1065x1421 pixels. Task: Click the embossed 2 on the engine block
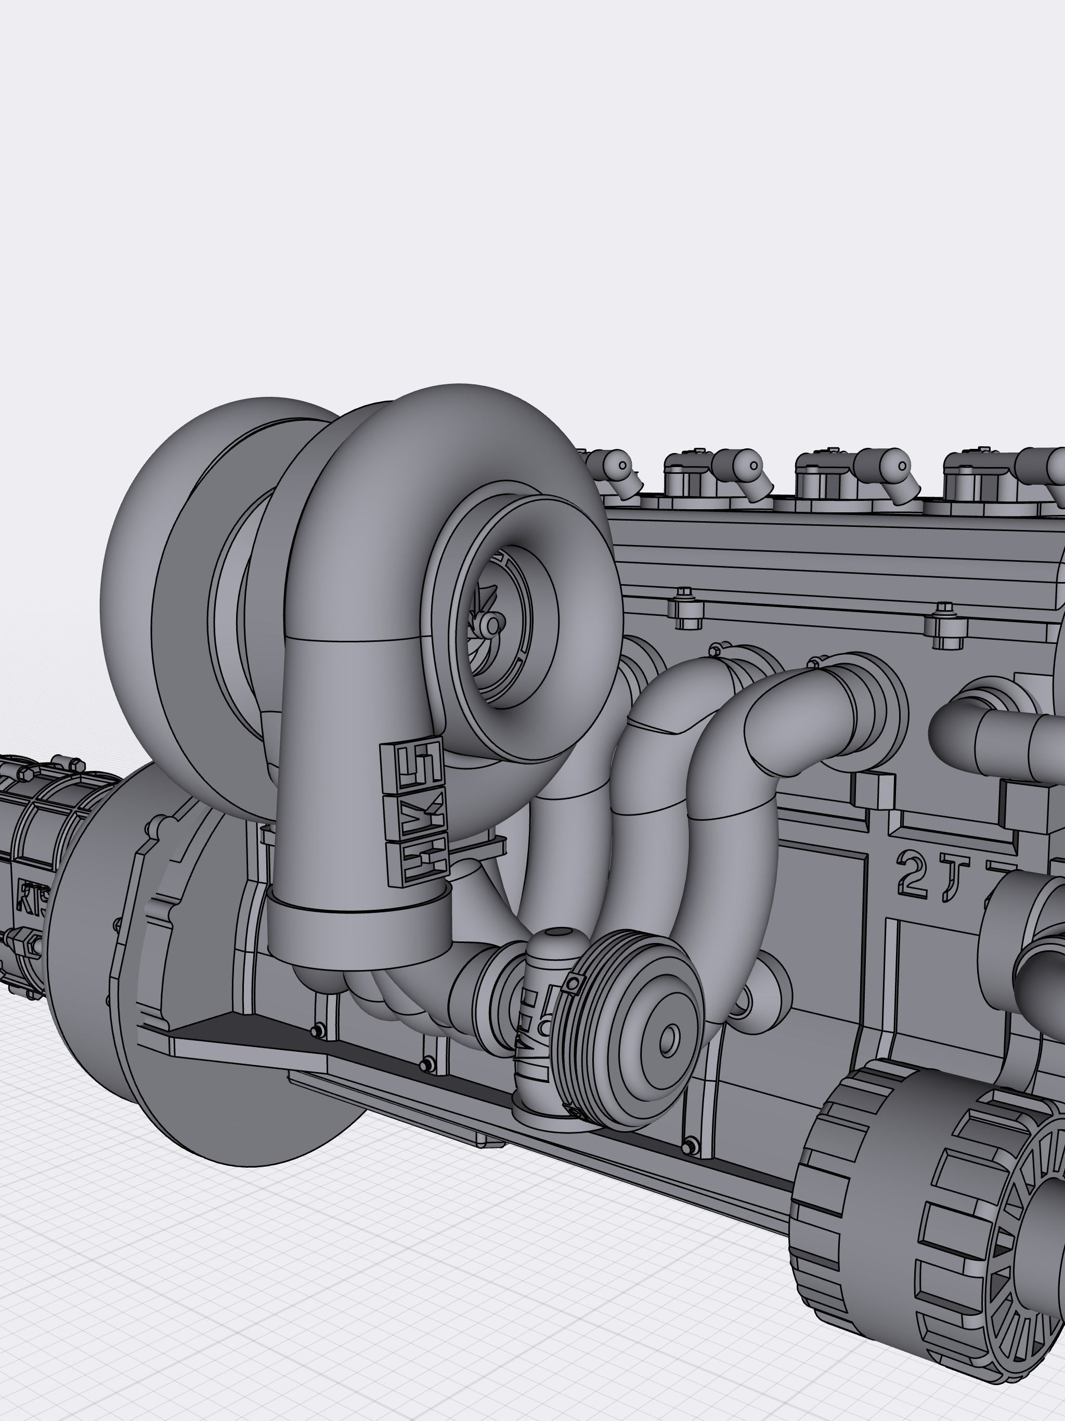pos(912,875)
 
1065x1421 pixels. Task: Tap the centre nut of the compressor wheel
pos(492,624)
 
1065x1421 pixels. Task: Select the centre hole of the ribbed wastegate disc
pos(669,1039)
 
